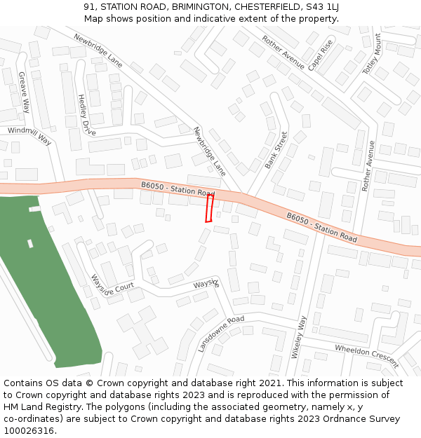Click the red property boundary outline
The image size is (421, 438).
(209, 208)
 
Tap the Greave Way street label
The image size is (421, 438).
(25, 92)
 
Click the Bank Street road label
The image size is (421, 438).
(276, 150)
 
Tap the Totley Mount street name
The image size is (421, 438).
(373, 54)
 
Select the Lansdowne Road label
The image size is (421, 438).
(221, 333)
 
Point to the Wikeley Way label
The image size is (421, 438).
(300, 337)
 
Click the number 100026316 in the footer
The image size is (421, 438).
(29, 431)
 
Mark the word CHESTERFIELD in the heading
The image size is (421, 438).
(260, 7)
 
